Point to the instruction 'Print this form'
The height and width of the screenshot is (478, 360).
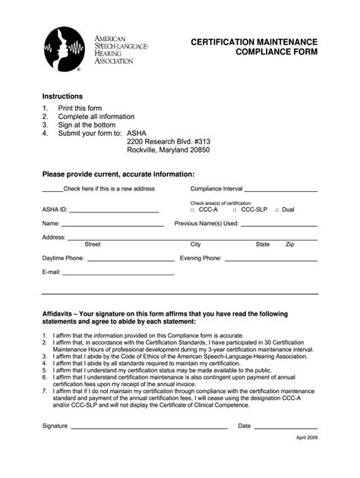(80, 108)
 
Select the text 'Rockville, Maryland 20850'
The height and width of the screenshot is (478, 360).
(169, 149)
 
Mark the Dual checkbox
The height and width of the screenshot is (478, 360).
(277, 209)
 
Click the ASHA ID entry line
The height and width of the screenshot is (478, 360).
(114, 211)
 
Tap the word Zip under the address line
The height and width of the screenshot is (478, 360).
(290, 245)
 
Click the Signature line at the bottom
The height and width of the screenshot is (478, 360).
(148, 428)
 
